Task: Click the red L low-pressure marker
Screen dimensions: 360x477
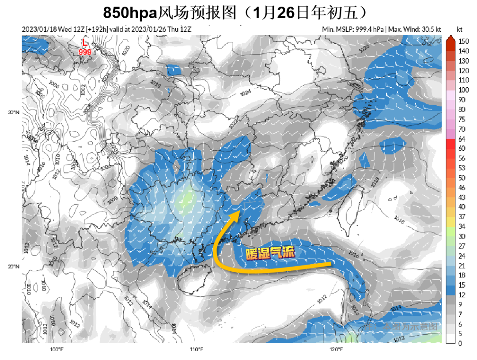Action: (85, 44)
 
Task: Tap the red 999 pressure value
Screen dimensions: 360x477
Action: (85, 52)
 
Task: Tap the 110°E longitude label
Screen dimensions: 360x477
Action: (196, 349)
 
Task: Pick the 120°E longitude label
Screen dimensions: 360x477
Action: (336, 349)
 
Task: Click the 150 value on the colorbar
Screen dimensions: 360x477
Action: (463, 41)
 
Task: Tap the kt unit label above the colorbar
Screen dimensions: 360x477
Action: (460, 29)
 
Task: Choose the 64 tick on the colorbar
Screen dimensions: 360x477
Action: (462, 139)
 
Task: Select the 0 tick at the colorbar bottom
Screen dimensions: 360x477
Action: (460, 344)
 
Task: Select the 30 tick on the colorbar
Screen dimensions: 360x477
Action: (462, 236)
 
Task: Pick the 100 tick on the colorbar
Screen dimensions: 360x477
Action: (463, 90)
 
